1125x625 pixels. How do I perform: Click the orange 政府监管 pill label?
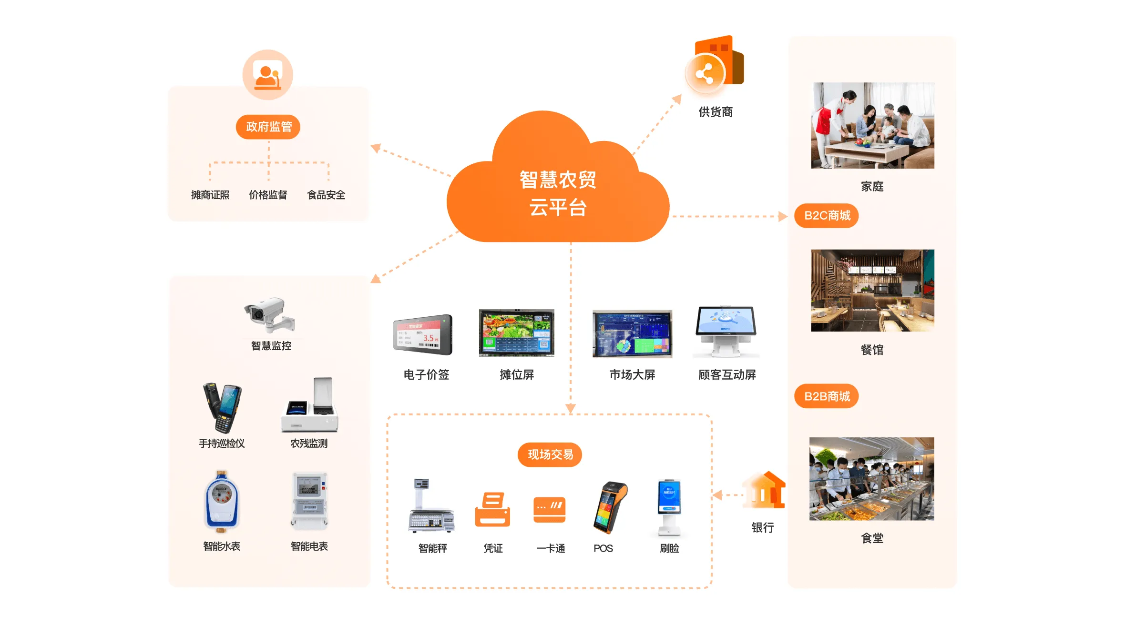coord(268,127)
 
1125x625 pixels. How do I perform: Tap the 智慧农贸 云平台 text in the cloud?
coord(558,193)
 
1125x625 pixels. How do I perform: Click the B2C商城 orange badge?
coord(827,216)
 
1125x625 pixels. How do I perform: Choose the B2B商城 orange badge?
coord(827,396)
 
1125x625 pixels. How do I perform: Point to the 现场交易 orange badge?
coord(550,454)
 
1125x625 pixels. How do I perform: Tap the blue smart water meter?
coord(221,501)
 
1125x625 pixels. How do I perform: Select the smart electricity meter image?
coord(309,501)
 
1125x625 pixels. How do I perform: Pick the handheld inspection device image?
coord(222,407)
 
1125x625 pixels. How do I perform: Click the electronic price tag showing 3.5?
coord(423,335)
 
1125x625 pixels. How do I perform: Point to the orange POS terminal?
coord(610,507)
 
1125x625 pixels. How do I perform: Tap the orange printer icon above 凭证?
coord(492,509)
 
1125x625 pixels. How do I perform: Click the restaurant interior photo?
coord(872,290)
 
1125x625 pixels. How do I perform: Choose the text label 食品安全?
coord(326,195)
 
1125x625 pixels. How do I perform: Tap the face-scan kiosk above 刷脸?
coord(668,507)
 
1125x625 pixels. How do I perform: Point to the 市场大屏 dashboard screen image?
coord(632,334)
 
